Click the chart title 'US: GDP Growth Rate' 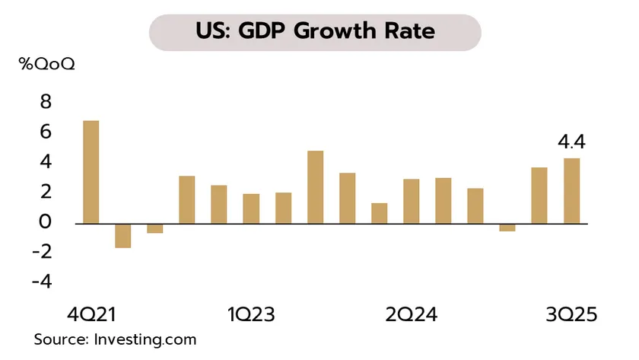coord(319,32)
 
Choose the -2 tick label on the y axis coord(42,252)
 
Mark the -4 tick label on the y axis coord(42,282)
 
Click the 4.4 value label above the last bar coord(572,142)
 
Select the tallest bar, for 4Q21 coord(91,172)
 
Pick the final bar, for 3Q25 coord(571,190)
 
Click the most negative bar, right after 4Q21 coord(122,235)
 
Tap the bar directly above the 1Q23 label coord(251,209)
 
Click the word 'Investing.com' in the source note coord(145,339)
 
